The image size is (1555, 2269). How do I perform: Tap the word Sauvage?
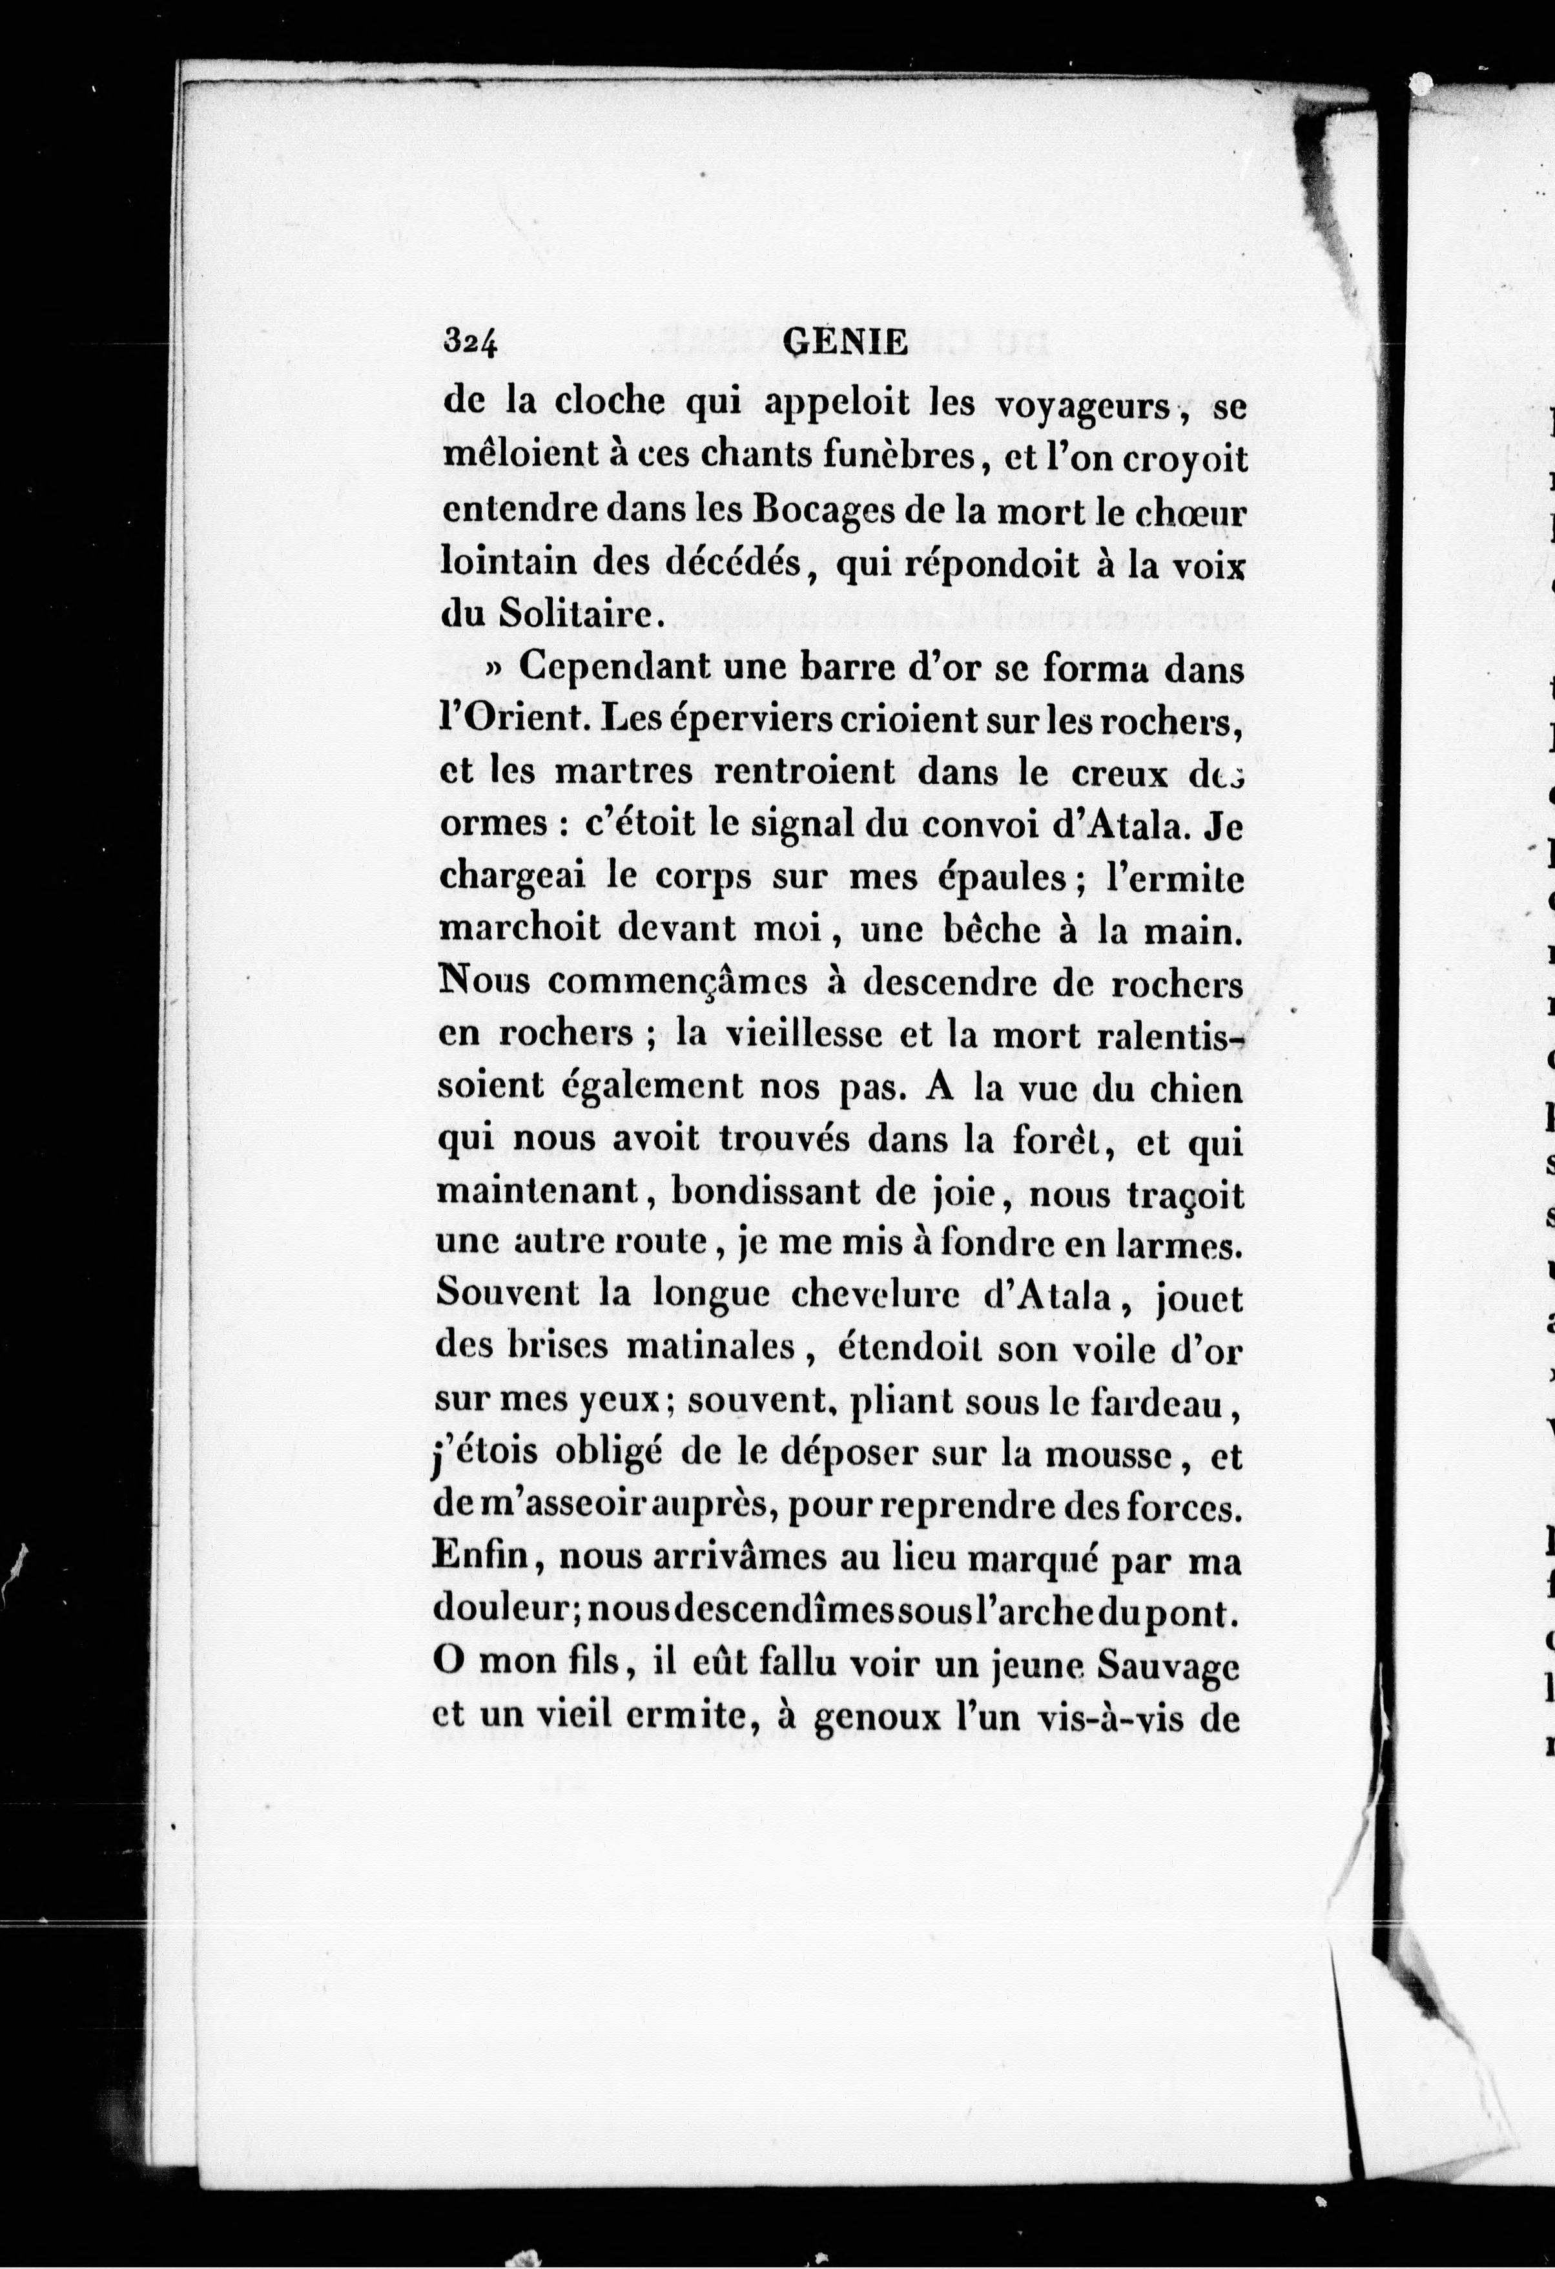(x=1168, y=1666)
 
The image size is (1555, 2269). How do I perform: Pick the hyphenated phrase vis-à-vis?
(x=1097, y=1719)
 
